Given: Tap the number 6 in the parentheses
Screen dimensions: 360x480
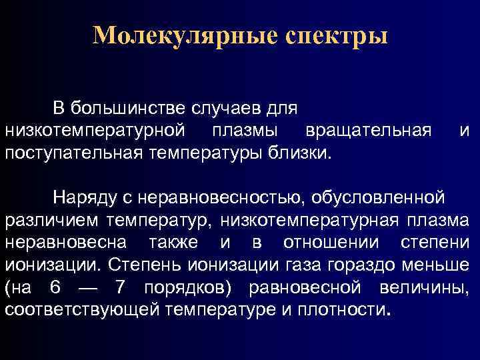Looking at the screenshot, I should click(55, 289).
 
